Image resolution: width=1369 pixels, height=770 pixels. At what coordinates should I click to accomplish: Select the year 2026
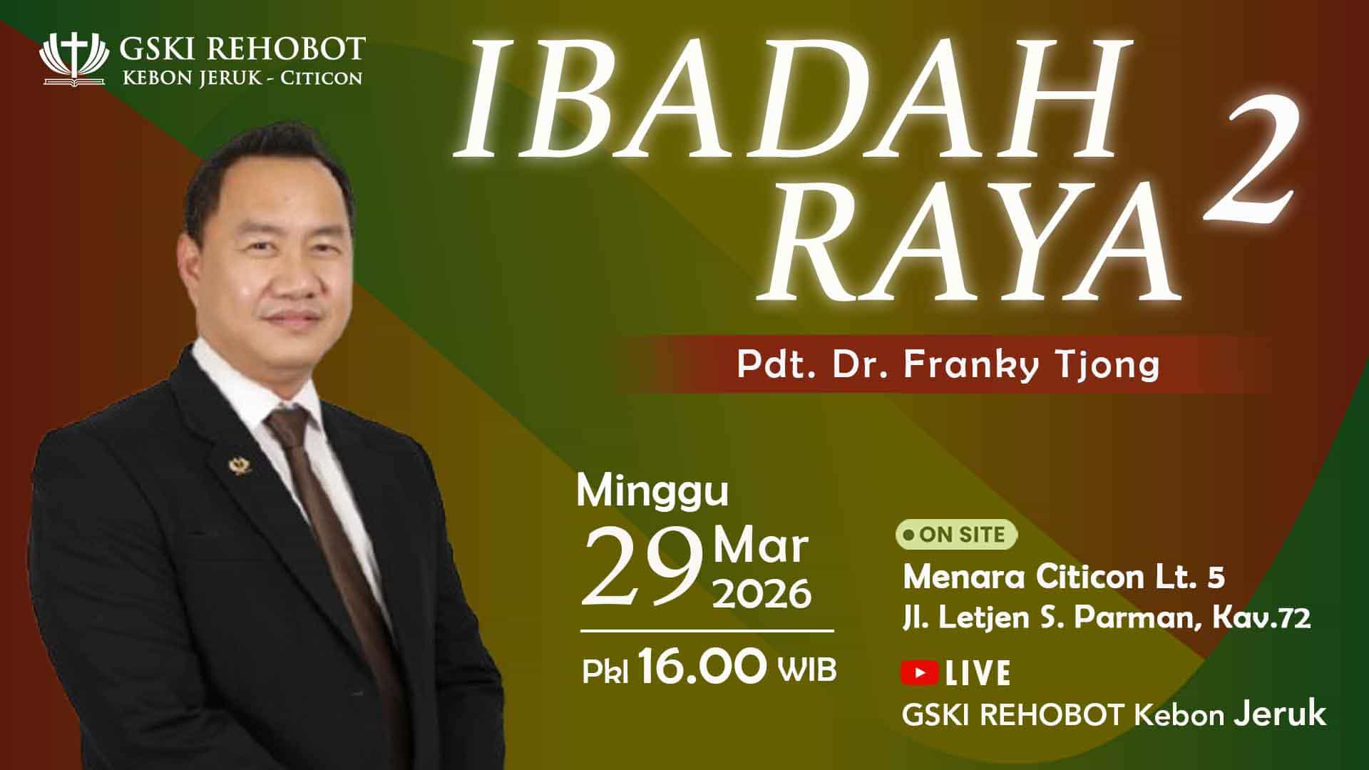pyautogui.click(x=762, y=594)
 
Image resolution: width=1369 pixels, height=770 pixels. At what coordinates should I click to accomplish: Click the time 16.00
pyautogui.click(x=702, y=668)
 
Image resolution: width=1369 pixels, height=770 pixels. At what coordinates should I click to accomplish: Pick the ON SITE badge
pyautogui.click(x=956, y=535)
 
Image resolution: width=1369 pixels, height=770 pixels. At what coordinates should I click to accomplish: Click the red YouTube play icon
pyautogui.click(x=919, y=672)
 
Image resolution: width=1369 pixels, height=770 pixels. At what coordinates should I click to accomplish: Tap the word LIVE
pyautogui.click(x=978, y=673)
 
